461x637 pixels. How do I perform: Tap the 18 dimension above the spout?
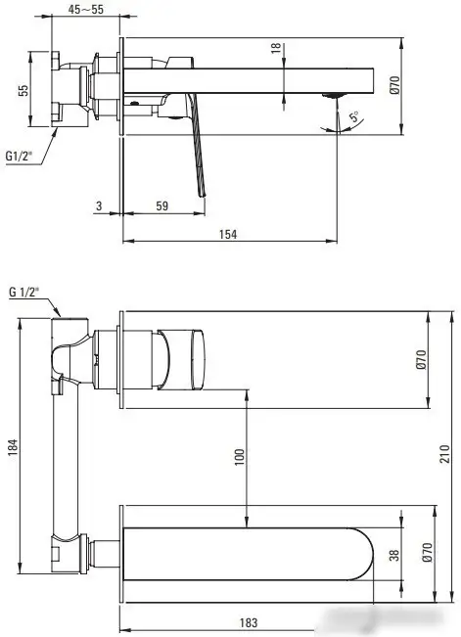point(277,49)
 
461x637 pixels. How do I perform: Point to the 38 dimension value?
point(393,555)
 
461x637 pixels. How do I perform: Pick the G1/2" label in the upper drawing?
point(21,155)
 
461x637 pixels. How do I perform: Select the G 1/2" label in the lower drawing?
point(24,292)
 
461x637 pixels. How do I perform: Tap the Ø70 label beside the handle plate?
point(421,359)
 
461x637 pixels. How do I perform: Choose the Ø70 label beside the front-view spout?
point(422,556)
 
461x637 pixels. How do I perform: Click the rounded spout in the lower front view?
point(254,555)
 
